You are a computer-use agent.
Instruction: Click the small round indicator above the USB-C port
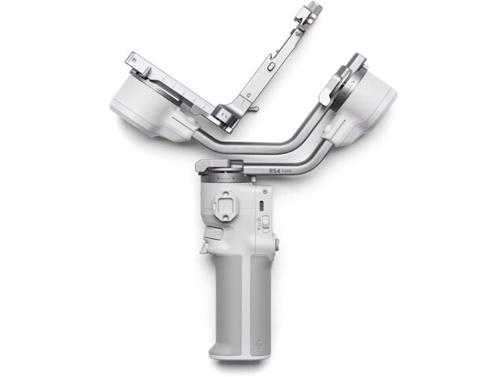[x=265, y=190]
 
